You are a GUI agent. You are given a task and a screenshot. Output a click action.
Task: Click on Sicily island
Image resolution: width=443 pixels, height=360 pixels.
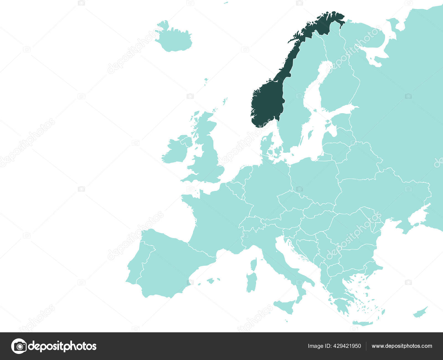pos(285,306)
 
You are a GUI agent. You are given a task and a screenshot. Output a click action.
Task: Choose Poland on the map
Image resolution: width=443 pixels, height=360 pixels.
pos(314,180)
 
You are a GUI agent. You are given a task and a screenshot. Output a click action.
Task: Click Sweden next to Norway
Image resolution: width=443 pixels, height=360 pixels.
pos(293,111)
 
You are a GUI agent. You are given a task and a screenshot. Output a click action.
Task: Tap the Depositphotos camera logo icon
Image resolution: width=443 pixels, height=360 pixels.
pos(19,346)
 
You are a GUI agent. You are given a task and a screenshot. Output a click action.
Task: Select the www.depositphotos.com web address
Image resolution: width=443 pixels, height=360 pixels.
pos(402,346)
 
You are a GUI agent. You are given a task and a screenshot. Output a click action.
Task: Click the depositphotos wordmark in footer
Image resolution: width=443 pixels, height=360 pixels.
pos(62,346)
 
